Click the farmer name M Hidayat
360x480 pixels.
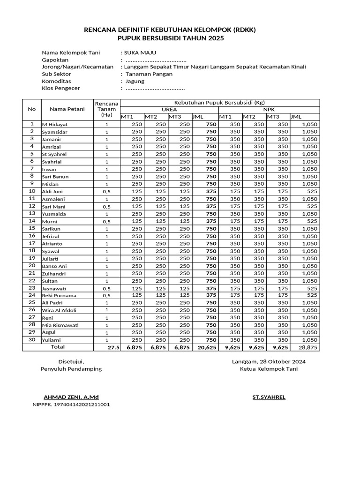[55, 125]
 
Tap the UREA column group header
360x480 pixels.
[169, 109]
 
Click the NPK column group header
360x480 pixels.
[269, 109]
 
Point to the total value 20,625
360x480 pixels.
[207, 348]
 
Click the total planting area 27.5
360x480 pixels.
[113, 348]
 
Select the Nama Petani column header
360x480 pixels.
[67, 109]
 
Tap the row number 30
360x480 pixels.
[32, 339]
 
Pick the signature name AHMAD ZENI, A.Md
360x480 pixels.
[71, 397]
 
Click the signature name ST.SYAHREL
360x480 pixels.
[269, 397]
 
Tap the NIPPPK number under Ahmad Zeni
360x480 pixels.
[71, 404]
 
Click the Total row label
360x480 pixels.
[58, 347]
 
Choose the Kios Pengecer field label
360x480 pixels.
[61, 88]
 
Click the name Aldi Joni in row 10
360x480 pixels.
[52, 192]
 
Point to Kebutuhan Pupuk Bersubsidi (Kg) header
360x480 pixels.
[219, 102]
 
